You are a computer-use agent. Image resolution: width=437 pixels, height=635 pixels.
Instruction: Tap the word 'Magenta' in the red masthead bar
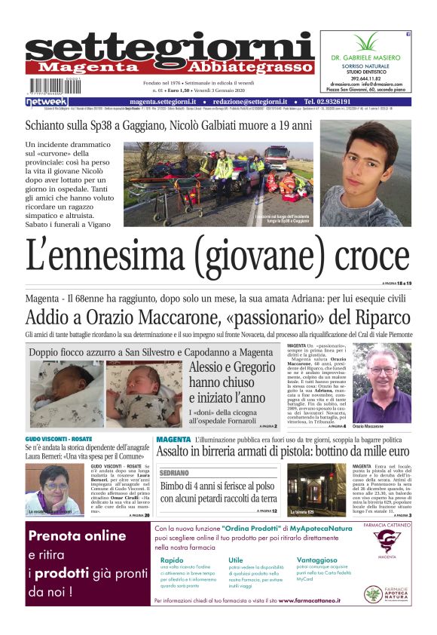pos(90,66)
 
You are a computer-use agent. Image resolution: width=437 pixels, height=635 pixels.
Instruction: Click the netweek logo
pos(46,101)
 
